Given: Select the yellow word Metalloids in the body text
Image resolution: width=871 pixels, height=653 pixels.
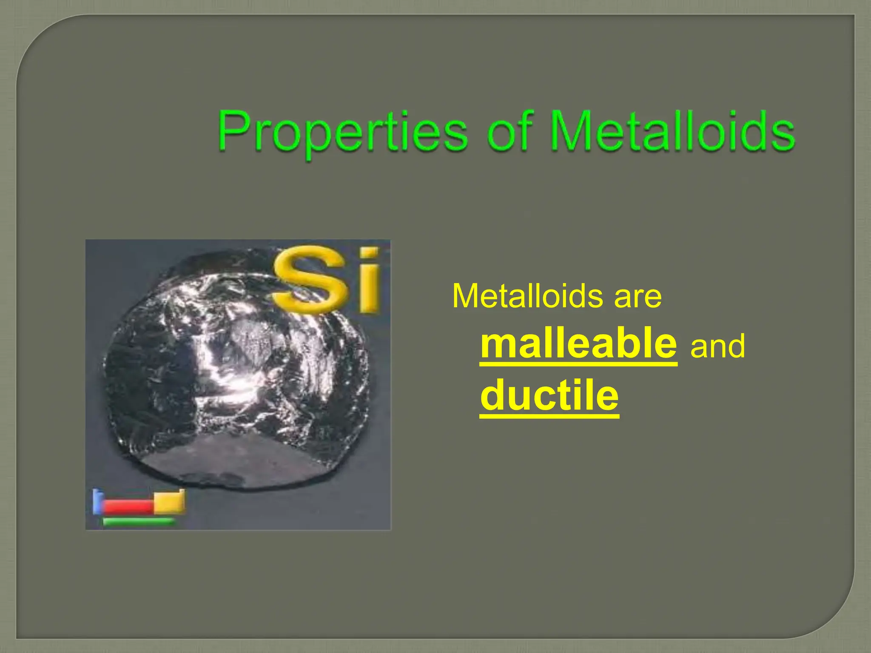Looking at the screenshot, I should coord(527,296).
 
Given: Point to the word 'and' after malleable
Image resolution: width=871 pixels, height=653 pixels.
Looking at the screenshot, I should coord(718,346).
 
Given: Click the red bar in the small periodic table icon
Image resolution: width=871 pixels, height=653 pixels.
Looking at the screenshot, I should coord(128,506).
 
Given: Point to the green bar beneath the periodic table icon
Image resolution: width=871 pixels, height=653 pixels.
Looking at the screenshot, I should coord(139,521).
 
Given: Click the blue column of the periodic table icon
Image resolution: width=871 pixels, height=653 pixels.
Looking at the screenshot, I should coord(97,502).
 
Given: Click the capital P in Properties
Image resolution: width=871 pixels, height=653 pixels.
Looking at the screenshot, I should coord(234,130).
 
